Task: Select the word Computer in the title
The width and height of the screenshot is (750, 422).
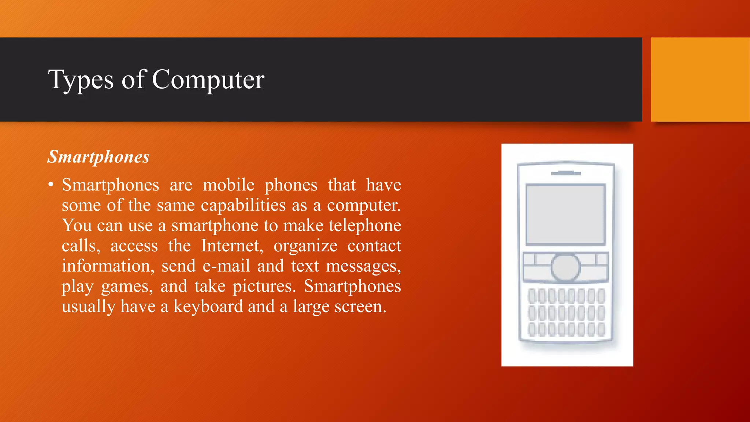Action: coord(208,80)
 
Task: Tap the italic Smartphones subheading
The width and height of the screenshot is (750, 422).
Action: coord(99,157)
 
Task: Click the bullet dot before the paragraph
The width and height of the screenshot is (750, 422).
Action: coord(51,184)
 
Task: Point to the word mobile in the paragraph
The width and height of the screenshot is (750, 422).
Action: coord(229,185)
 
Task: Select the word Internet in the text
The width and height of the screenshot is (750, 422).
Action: coord(232,245)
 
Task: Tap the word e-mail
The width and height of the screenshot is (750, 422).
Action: coord(226,266)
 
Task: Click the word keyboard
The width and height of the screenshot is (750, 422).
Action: coord(208,306)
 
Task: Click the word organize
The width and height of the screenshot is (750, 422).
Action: coord(305,246)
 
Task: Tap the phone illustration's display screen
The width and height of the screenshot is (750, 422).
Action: coord(566,214)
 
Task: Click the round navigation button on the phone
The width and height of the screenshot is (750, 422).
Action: coord(566,267)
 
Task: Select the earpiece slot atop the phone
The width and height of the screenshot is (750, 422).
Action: coord(566,173)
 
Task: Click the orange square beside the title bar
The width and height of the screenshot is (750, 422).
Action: coord(700,79)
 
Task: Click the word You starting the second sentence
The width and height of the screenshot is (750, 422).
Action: coord(77,225)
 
